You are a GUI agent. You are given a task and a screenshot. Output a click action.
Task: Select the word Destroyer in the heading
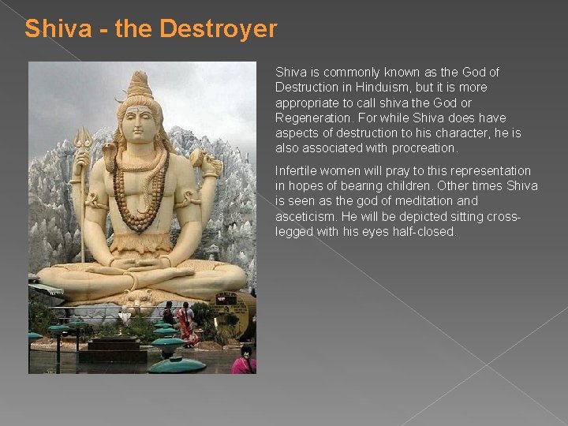coord(218,29)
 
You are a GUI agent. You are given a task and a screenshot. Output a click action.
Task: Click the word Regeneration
coord(312,118)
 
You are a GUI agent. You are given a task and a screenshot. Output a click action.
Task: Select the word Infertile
coord(297,170)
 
